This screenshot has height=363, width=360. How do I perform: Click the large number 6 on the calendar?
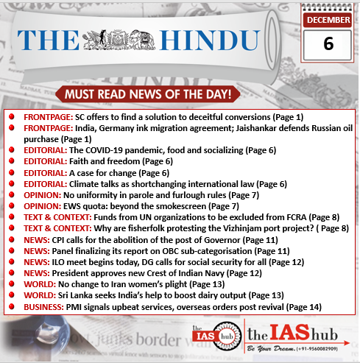pos(328,43)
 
